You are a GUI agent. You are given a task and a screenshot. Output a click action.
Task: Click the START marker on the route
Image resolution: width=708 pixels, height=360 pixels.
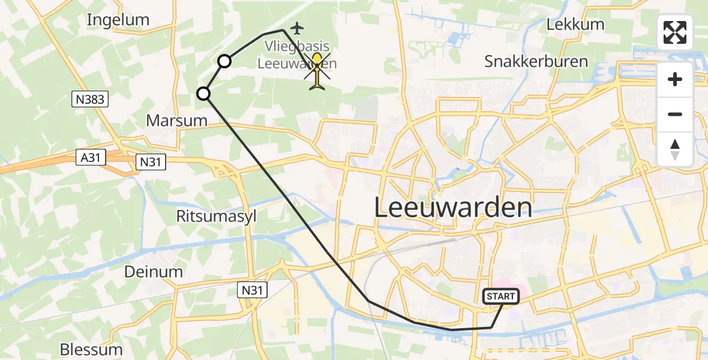(500, 296)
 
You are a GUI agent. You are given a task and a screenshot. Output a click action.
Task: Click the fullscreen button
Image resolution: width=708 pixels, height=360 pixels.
(675, 32)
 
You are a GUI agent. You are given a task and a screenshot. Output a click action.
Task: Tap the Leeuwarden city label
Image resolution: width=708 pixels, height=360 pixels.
(453, 208)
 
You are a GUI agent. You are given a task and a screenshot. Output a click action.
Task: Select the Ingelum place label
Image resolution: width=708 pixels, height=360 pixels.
(118, 20)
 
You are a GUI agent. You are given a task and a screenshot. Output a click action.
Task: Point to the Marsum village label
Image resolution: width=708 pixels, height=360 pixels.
(176, 121)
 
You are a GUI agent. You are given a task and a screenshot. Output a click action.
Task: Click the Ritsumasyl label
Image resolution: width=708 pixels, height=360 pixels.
(216, 216)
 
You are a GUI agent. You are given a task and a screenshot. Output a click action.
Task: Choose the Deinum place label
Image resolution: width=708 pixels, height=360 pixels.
(153, 272)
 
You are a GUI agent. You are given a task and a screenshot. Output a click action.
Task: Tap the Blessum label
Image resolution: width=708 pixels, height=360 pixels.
(91, 349)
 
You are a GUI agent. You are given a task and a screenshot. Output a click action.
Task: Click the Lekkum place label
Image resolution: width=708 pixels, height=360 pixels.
(575, 25)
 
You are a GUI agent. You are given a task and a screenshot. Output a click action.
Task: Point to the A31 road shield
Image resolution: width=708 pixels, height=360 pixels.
(91, 157)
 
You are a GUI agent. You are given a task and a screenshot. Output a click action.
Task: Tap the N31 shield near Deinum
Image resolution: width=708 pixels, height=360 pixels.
(251, 290)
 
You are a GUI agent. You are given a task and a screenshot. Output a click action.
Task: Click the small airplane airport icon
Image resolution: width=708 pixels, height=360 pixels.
(297, 28)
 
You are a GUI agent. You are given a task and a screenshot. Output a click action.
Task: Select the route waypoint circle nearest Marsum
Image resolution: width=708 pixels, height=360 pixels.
(204, 94)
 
